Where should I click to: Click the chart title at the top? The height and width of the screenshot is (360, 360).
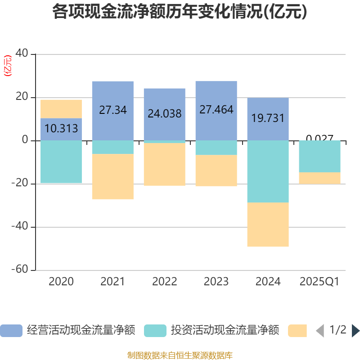(x=180, y=12)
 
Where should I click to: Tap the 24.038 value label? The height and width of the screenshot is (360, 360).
(x=165, y=114)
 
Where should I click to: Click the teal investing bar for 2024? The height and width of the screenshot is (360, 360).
(x=268, y=171)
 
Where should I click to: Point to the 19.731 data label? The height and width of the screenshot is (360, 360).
(x=268, y=118)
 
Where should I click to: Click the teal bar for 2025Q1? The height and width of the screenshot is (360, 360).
(x=320, y=156)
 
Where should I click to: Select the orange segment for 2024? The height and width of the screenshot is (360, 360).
(x=268, y=225)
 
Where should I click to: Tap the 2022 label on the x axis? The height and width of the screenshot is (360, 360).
(x=165, y=282)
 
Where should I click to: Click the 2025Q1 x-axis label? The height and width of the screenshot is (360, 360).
(x=319, y=282)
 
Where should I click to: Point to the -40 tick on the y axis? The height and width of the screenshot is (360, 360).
(x=22, y=227)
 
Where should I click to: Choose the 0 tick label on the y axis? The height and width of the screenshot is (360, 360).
(x=26, y=140)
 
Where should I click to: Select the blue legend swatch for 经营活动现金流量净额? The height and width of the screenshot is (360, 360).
(x=11, y=331)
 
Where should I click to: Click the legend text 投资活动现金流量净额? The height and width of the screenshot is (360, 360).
(x=225, y=331)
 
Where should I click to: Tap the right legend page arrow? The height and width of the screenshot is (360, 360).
(x=355, y=331)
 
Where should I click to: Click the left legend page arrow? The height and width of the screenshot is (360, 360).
(x=319, y=331)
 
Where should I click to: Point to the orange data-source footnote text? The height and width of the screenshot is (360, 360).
(x=180, y=355)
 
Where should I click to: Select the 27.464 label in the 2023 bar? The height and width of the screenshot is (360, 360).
(x=216, y=109)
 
